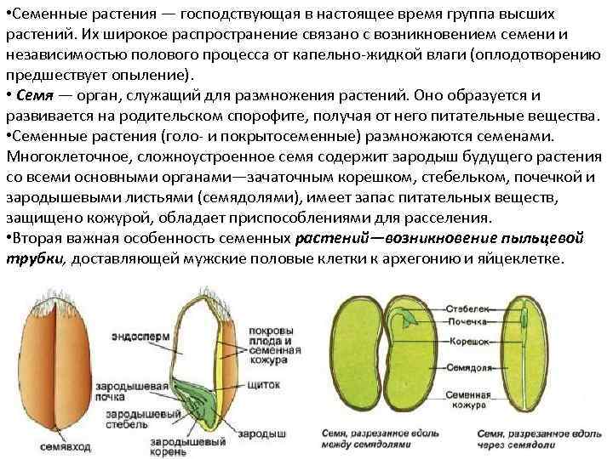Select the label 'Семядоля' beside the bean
(467, 368)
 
